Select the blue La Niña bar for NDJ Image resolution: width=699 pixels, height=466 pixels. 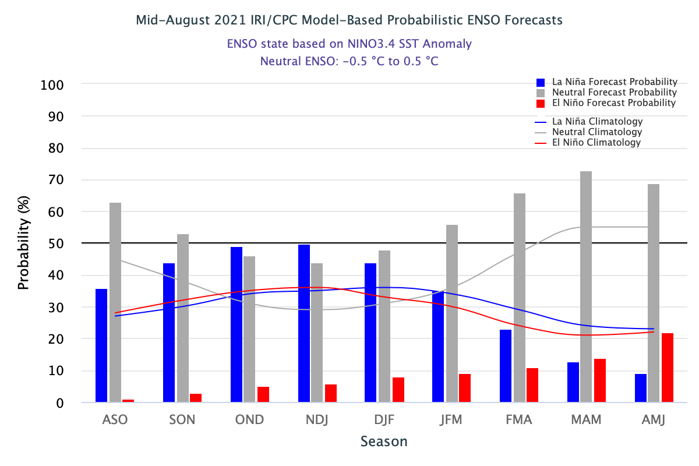(x=303, y=323)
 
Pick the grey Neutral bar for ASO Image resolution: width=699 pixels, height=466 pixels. (x=115, y=302)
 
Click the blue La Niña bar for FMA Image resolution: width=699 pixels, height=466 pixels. (x=506, y=366)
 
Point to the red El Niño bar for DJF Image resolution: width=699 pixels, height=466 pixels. (x=398, y=390)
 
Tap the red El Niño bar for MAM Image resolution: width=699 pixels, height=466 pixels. (x=599, y=380)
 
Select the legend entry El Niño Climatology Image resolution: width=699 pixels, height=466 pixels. (x=596, y=143)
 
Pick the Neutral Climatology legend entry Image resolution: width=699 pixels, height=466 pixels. (x=597, y=132)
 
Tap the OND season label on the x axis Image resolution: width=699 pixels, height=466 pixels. (x=249, y=420)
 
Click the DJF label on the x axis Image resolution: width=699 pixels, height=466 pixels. (x=384, y=420)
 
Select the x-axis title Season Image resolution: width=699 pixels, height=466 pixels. (x=384, y=442)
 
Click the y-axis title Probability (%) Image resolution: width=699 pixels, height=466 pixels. (x=23, y=243)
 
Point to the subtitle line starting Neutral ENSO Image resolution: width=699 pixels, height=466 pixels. (x=349, y=61)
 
